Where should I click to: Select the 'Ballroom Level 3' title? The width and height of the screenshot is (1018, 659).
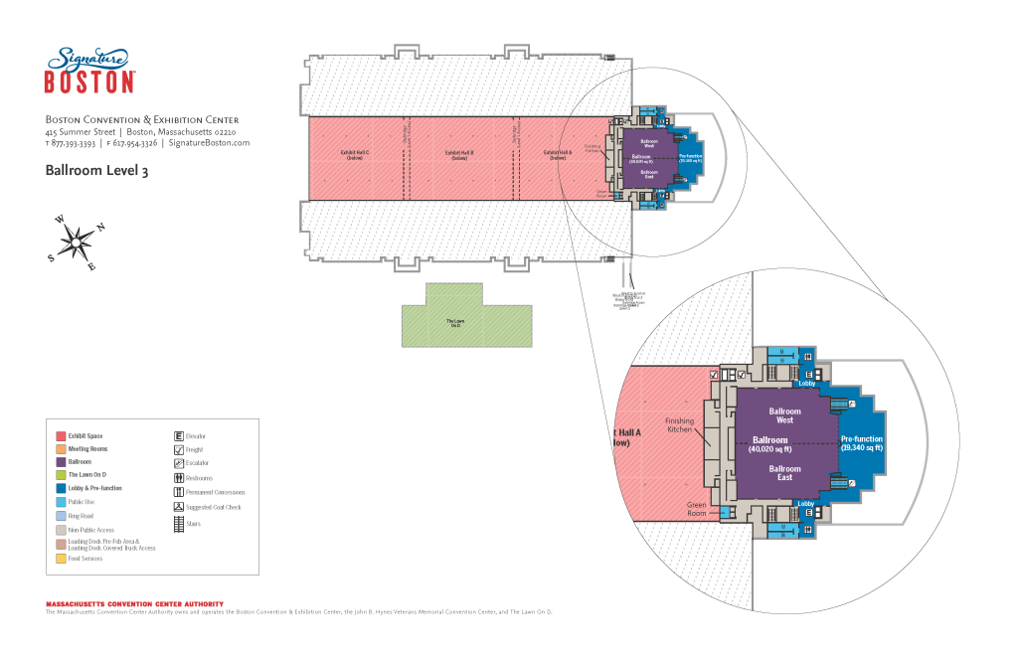click(x=96, y=171)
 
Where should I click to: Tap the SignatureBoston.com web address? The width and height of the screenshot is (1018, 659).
click(x=209, y=143)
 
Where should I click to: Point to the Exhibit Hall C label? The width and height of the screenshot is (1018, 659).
click(x=355, y=154)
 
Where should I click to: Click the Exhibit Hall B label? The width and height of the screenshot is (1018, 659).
click(x=459, y=154)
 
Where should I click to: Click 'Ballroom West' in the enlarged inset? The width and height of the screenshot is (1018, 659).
click(x=784, y=415)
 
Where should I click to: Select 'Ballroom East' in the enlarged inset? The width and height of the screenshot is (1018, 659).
click(x=784, y=472)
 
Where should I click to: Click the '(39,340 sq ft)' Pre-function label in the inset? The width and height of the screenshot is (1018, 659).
click(x=861, y=448)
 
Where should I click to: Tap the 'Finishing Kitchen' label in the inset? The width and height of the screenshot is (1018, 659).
click(x=679, y=424)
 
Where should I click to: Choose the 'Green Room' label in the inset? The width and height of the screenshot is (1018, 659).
click(x=696, y=510)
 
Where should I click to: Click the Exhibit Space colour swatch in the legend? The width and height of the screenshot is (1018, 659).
click(x=61, y=436)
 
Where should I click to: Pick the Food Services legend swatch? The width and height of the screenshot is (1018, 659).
click(x=61, y=559)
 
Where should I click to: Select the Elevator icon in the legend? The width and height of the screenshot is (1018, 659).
click(x=178, y=436)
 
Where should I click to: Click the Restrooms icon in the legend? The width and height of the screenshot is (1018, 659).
click(x=178, y=478)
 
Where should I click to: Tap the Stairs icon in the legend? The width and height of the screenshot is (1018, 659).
click(x=178, y=523)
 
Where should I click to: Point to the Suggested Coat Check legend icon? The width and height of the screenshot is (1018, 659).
click(x=178, y=507)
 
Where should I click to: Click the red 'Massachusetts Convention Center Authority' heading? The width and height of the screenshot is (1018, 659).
click(x=134, y=603)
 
